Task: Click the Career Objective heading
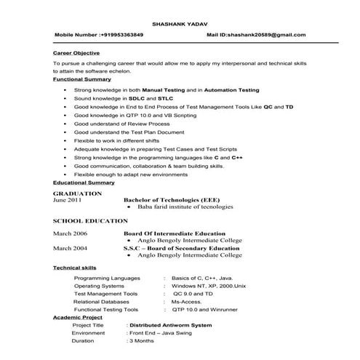click(76, 53)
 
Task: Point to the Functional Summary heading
click(81, 79)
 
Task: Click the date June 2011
click(68, 200)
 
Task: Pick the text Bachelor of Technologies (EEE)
click(171, 200)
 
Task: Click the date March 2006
click(71, 233)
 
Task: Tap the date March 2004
click(71, 248)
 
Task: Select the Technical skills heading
click(75, 268)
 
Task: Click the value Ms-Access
click(188, 300)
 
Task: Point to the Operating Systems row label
click(99, 286)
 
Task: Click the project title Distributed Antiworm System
click(170, 325)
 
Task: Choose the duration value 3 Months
click(142, 340)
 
